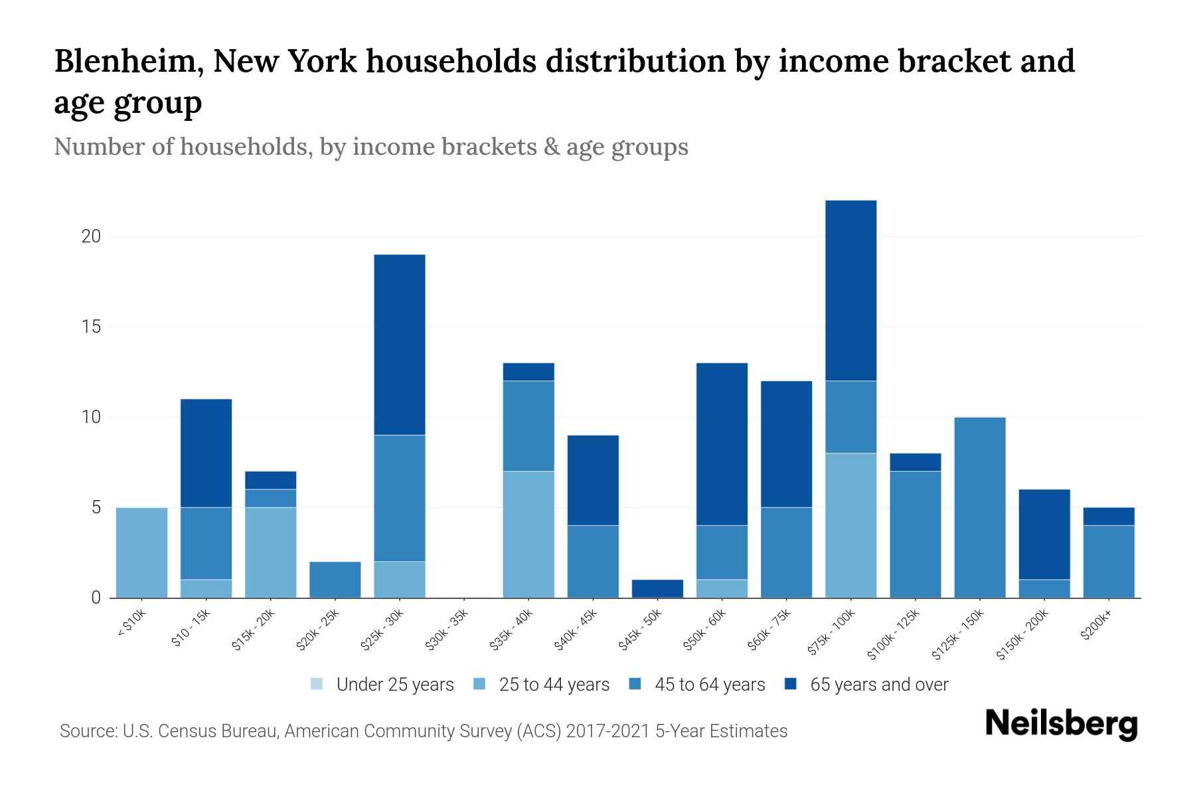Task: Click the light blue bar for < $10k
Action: [x=141, y=553]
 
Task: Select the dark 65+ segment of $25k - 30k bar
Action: [x=400, y=345]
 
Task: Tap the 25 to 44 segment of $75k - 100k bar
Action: [x=850, y=525]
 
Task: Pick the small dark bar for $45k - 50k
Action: [x=657, y=588]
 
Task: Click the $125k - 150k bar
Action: [x=979, y=507]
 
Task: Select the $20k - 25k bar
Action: [x=335, y=580]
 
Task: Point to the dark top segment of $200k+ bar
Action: [x=1109, y=516]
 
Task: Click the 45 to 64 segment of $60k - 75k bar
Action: [x=786, y=553]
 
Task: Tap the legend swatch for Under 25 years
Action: [x=317, y=684]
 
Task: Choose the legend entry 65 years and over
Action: [x=878, y=685]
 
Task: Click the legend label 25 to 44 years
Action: [x=554, y=685]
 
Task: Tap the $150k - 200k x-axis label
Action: [x=1022, y=634]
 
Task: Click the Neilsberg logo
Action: [x=1061, y=724]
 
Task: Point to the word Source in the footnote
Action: [x=87, y=731]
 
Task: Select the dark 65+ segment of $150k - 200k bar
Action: [x=1044, y=535]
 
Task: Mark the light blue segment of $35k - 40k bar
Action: [x=528, y=535]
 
